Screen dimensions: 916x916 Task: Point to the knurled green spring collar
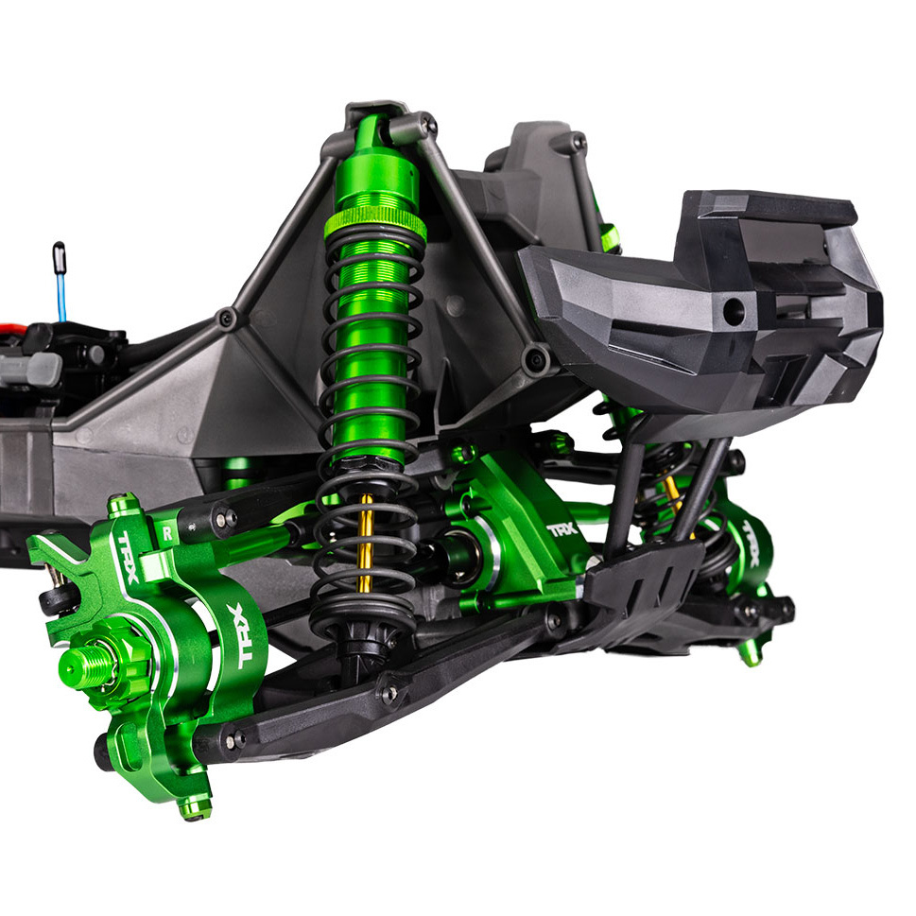374,224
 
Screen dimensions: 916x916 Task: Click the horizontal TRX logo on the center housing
563,530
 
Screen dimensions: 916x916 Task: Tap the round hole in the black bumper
732,308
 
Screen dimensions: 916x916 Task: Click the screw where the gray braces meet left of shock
227,319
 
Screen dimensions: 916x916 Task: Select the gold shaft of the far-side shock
673,492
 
